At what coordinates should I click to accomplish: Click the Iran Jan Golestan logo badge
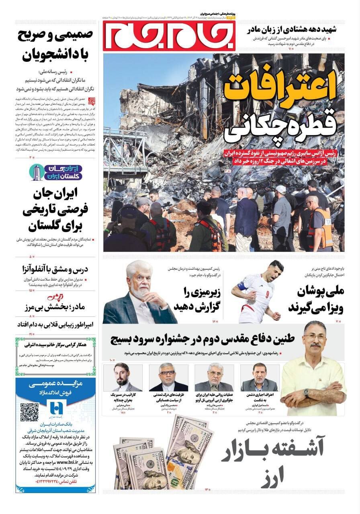coord(56,172)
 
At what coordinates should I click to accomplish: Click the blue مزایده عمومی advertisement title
coord(56,384)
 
